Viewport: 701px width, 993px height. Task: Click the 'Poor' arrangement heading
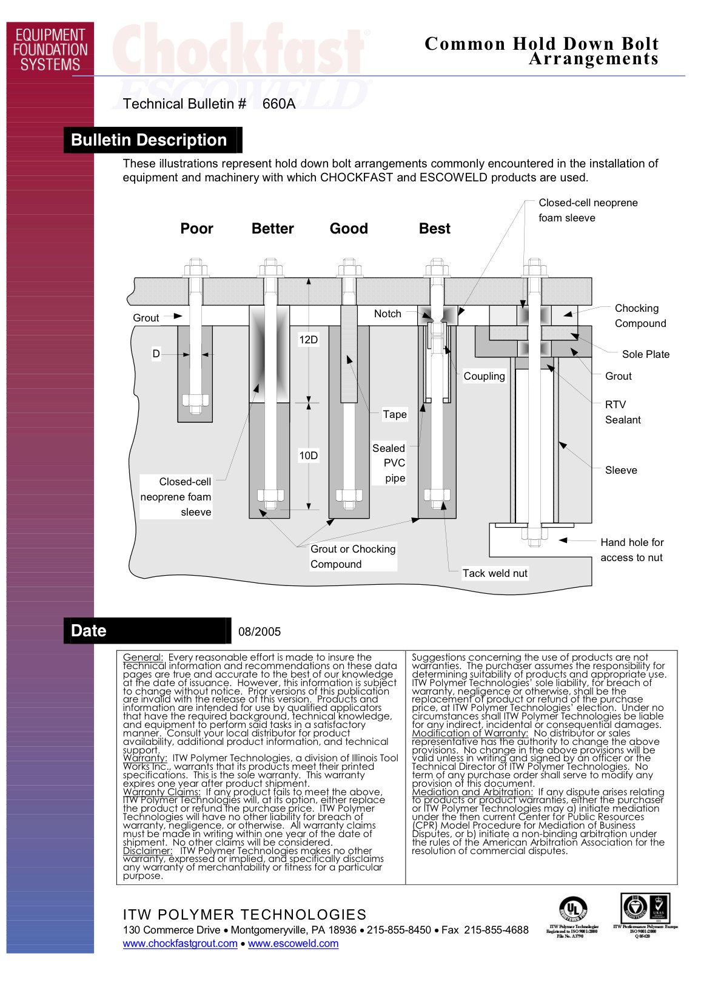[x=196, y=229]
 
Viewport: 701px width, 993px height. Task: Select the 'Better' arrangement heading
[x=272, y=229]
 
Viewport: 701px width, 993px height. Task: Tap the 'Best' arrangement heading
[x=434, y=229]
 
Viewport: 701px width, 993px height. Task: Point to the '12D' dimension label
[x=308, y=340]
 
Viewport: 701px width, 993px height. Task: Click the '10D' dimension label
[x=308, y=456]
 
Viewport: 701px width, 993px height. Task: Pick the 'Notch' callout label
[x=387, y=314]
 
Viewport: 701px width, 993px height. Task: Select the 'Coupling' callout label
[x=484, y=376]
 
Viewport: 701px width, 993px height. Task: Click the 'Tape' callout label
[x=394, y=414]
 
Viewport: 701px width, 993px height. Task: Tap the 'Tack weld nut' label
[x=495, y=573]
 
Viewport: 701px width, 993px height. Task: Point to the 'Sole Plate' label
[x=645, y=354]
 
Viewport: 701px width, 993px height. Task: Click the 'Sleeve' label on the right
[x=621, y=470]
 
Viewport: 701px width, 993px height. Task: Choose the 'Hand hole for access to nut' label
[x=632, y=550]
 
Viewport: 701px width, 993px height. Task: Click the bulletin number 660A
[x=279, y=104]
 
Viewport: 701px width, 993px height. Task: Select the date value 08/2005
[x=260, y=631]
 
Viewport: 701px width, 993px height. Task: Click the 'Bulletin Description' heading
[x=149, y=140]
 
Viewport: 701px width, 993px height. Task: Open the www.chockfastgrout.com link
[x=180, y=943]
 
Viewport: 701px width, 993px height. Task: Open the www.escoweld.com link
[x=293, y=943]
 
